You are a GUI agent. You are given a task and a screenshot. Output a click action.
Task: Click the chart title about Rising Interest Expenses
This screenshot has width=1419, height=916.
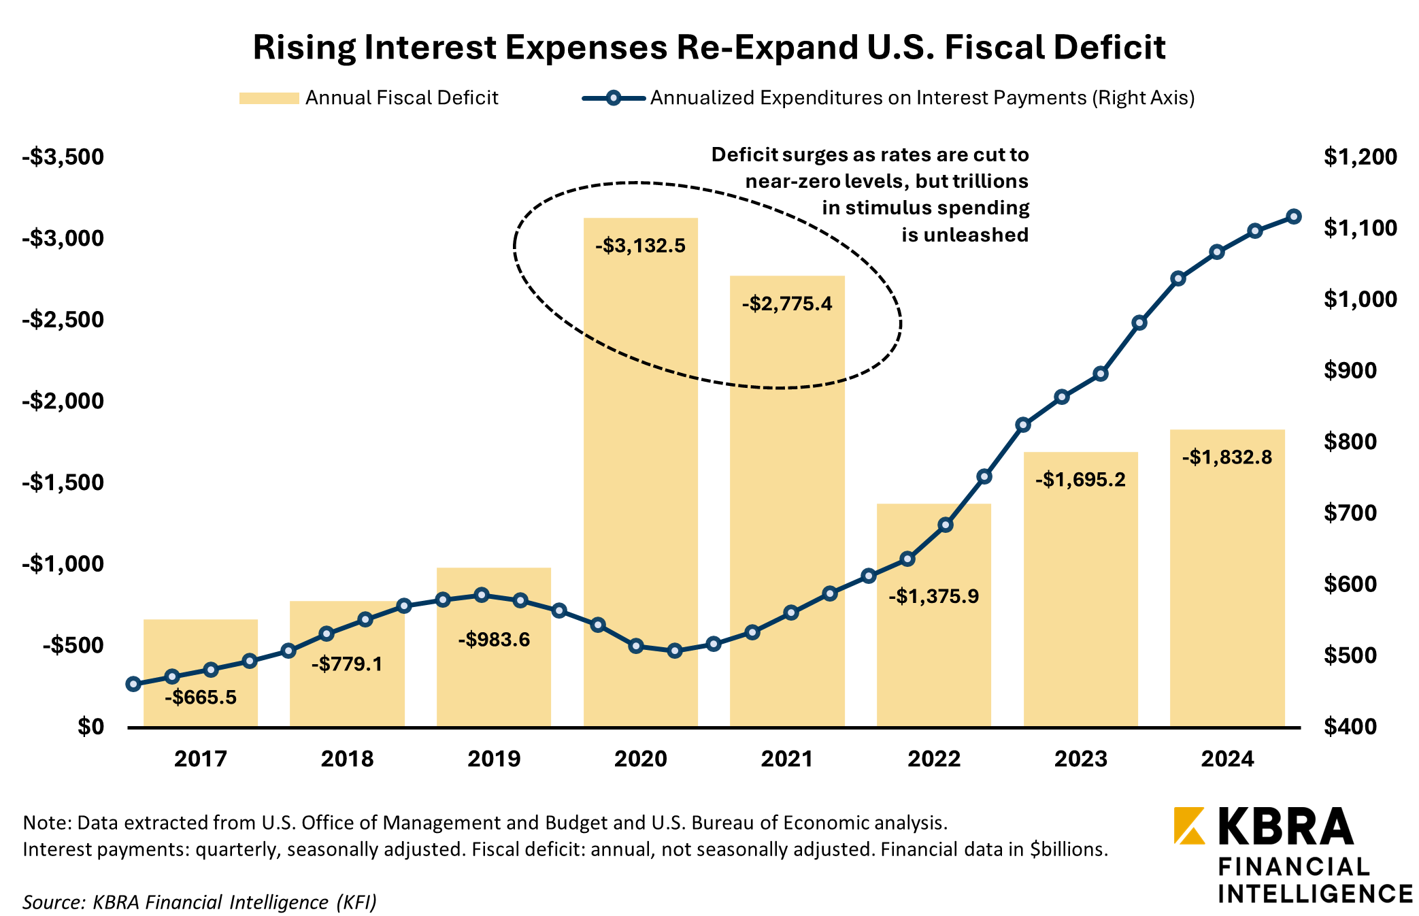coord(709,48)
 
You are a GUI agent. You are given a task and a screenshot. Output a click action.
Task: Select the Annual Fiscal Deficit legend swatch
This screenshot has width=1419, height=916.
coord(269,98)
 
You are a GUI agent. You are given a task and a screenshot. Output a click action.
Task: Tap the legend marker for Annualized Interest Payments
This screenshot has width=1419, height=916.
coord(613,98)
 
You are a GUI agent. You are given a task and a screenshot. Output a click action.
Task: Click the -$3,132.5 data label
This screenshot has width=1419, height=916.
coord(640,246)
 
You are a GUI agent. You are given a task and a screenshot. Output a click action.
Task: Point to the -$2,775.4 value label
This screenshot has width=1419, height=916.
coord(786,304)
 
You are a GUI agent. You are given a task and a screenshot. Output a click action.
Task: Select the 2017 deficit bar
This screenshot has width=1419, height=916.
coord(200,653)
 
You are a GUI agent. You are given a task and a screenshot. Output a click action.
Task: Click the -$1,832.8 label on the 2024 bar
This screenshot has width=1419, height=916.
coord(1226,457)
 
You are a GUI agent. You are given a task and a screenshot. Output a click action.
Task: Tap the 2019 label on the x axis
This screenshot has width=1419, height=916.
coord(493,759)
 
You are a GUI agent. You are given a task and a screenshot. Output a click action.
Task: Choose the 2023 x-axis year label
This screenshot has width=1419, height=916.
coord(1080,759)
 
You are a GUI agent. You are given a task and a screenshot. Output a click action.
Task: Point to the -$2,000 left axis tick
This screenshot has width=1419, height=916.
coord(63,401)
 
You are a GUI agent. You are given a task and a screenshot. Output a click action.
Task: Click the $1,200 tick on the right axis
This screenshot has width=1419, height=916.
coord(1360,157)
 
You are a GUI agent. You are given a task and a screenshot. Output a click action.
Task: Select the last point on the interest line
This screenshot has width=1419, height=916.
coord(1294,216)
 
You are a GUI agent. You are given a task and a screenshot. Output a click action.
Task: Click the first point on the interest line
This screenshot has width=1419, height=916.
coord(133,684)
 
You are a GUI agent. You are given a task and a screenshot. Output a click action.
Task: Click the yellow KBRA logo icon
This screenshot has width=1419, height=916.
coord(1189,825)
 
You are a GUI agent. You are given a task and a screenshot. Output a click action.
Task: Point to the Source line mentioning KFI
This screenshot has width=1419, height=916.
coord(199,902)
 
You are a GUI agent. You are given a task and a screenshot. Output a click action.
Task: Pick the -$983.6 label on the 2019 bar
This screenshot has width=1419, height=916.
coord(493,640)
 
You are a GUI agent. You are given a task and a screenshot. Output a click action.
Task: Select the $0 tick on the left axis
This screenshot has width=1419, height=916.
coord(90,726)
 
